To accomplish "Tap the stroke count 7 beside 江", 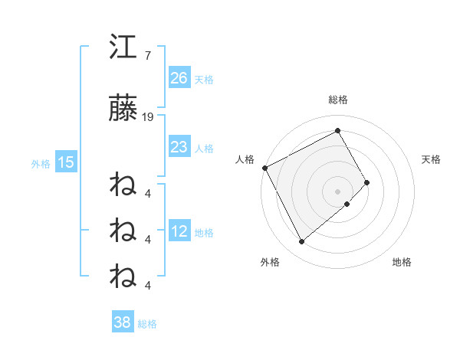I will coord(147,56).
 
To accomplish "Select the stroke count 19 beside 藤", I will coord(149,117).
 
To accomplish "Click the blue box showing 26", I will coord(179,78).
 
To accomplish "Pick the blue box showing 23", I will coord(179,147).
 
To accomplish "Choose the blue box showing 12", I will coord(179,231).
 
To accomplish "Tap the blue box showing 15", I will coord(66,162).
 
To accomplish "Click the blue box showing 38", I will coord(122,322).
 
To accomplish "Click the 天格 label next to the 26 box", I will coord(204,79).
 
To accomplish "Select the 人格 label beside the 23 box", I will coord(204,148).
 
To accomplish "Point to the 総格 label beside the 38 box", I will coord(147,324).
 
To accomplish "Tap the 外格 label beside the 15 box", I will coord(41,163).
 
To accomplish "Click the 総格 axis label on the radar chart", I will coord(338,100).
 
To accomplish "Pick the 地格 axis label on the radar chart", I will coord(402,262).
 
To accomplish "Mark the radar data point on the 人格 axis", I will coord(264,168).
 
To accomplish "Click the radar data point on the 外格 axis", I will coord(301,242).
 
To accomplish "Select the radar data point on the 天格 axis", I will coord(367,182).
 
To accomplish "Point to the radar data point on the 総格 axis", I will coord(338,130).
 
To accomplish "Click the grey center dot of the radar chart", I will coord(338,191).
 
